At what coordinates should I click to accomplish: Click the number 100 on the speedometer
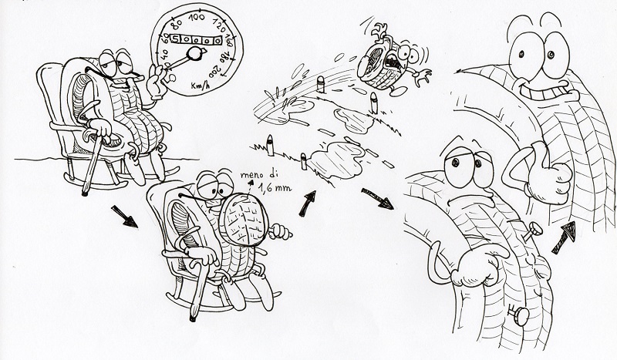(197, 17)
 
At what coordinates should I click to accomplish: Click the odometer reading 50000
(196, 39)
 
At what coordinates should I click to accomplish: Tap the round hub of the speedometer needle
(195, 53)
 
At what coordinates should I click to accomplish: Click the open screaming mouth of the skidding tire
(393, 62)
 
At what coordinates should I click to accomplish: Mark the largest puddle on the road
(339, 158)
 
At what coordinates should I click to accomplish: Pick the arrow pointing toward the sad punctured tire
(377, 198)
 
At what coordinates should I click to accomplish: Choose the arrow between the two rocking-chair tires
(124, 216)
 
